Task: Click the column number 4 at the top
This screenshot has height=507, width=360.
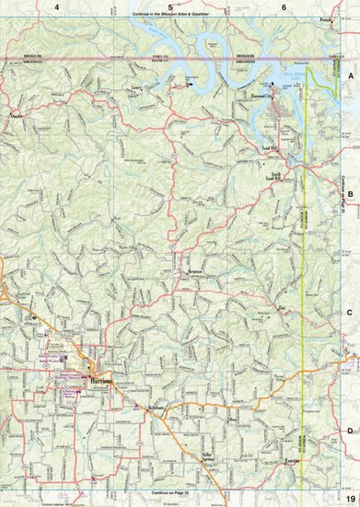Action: [57, 7]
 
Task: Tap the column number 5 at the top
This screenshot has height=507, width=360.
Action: [170, 7]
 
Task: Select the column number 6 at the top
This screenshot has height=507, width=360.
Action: [284, 7]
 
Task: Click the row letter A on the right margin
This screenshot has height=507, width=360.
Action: [349, 79]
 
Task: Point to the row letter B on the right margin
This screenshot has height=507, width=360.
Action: [349, 195]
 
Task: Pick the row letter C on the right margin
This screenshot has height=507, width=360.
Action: [349, 312]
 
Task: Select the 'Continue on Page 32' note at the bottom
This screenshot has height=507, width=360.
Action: [170, 493]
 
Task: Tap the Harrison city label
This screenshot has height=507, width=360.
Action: [101, 378]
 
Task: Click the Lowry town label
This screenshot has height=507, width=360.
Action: [138, 90]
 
